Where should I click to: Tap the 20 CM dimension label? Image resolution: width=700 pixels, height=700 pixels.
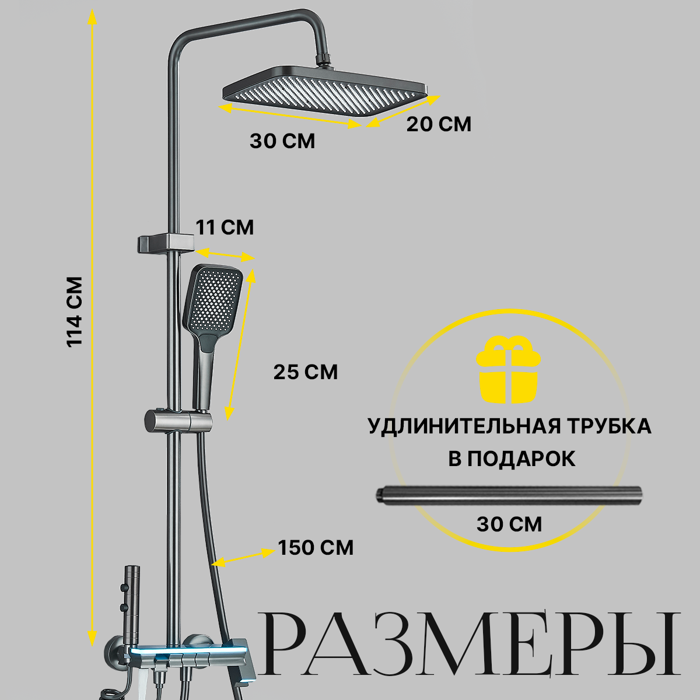coord(438,124)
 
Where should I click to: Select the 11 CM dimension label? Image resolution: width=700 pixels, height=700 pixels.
coord(225,227)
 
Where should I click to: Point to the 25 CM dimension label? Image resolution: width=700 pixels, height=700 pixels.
coord(306,372)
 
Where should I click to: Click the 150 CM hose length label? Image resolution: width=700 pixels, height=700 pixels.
coord(315,548)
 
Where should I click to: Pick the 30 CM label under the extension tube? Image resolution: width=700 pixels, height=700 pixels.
coord(509,524)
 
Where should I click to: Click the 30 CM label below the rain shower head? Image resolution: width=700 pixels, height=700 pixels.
coord(282,141)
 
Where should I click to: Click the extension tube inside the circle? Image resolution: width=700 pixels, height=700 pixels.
coord(508,495)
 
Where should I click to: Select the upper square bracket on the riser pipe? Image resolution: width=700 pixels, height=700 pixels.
coord(165,243)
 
